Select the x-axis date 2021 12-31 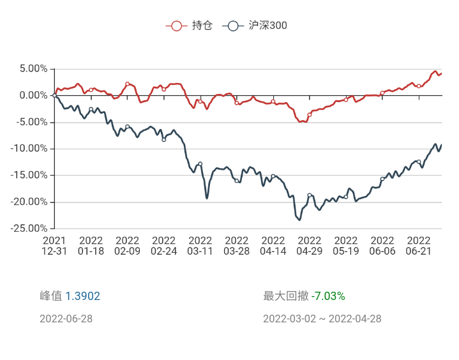(x=55, y=246)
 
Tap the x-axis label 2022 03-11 (x=200, y=246)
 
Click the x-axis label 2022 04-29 (x=310, y=246)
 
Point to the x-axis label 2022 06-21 (x=419, y=246)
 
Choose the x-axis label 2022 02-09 (x=128, y=246)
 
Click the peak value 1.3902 (x=82, y=296)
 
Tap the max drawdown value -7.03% (x=328, y=296)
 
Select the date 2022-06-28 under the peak (x=66, y=319)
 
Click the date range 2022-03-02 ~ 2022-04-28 (x=322, y=319)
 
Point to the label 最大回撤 (x=285, y=296)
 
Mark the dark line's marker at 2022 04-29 (x=310, y=195)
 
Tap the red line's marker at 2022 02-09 (x=128, y=84)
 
